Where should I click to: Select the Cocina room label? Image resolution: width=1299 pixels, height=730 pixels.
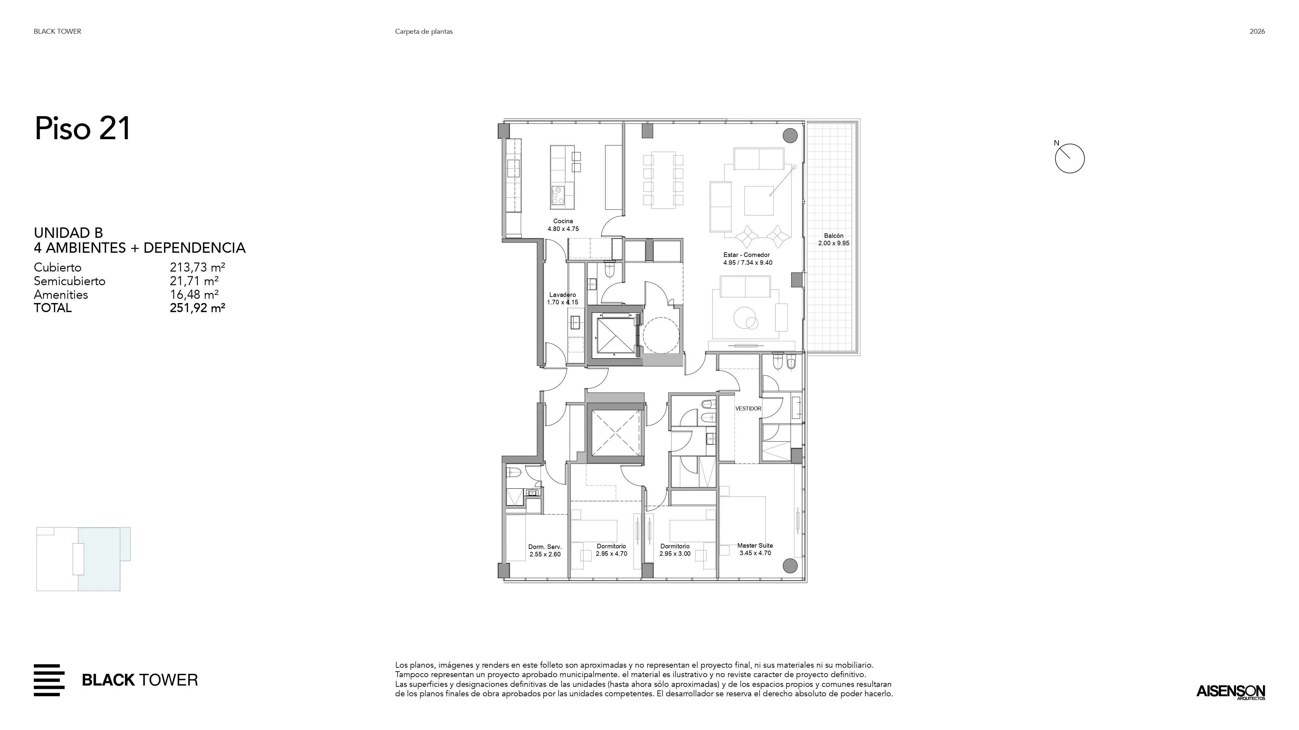coord(563,221)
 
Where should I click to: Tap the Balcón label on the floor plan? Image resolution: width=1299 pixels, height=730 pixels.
coord(834,236)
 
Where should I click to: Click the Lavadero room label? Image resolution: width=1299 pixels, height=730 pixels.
coord(562,295)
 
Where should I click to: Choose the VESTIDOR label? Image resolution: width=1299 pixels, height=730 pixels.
coord(748,408)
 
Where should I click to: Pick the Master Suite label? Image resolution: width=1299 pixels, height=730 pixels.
coord(755,546)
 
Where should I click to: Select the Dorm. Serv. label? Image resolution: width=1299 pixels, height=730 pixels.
coord(545,547)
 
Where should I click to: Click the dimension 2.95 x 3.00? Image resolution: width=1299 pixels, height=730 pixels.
coord(675,554)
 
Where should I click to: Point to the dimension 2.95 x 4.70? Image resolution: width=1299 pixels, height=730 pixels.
coord(611,554)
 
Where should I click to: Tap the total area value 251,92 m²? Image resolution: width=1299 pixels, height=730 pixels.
coord(197,308)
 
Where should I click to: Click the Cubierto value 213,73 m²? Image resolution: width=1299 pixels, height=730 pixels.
coord(197,268)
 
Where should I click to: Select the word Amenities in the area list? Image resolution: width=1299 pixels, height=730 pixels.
coord(61,295)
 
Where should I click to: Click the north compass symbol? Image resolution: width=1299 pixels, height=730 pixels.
coord(1069,158)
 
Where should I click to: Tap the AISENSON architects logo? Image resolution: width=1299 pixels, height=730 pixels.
coord(1231,692)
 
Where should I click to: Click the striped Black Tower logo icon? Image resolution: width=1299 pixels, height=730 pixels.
coord(49,680)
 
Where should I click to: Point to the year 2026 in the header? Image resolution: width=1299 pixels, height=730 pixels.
coord(1257,31)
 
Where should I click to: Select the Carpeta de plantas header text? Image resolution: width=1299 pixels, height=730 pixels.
coord(423,31)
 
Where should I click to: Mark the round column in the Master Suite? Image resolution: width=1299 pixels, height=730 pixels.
coord(790,566)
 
